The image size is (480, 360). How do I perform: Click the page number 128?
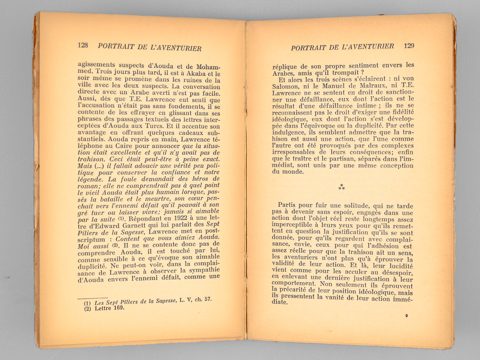pos(83,45)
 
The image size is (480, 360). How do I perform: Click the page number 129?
pos(409,46)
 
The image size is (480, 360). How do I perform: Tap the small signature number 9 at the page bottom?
pos(406,315)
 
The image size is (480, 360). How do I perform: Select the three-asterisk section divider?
pos(341,187)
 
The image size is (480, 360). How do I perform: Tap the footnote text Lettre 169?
pos(109,308)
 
